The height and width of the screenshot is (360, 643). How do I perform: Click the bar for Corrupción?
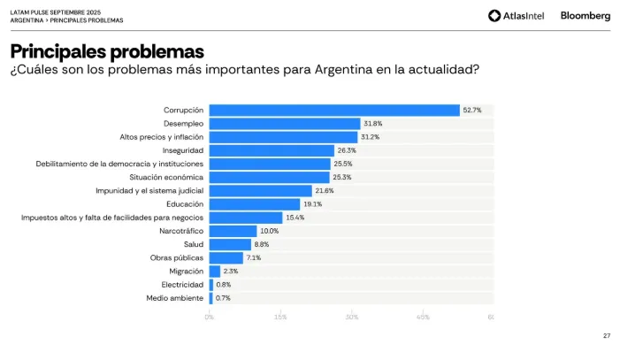334,110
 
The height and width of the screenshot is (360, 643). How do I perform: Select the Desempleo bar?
285,124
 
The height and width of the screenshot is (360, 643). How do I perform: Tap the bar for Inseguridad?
272,150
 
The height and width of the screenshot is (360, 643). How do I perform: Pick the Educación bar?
255,204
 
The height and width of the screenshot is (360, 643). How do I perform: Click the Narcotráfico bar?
233,231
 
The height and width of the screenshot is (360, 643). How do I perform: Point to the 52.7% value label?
472,110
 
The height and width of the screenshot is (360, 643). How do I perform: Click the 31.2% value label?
371,137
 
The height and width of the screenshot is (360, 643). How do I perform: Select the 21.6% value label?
325,191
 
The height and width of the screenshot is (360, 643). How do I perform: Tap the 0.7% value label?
224,298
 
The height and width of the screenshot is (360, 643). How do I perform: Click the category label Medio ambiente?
175,298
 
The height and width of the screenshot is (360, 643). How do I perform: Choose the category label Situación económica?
167,177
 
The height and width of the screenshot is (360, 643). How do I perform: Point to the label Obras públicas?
177,257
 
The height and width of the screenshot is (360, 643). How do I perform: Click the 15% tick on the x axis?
280,317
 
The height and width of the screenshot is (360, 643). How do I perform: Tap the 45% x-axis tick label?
423,317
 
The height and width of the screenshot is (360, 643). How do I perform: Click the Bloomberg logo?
585,15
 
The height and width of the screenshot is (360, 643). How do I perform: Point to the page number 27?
607,335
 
